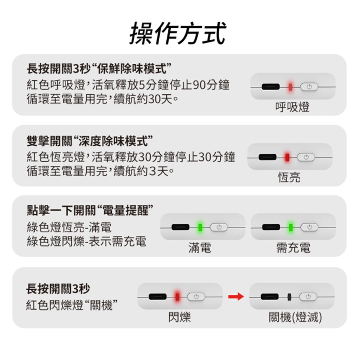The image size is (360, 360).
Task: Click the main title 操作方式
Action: (x=178, y=33)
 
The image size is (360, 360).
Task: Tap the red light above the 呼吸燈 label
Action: (x=290, y=87)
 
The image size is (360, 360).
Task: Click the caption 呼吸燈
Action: (x=292, y=107)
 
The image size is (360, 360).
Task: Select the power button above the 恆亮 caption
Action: (x=306, y=157)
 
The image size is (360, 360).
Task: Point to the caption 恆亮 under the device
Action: (x=289, y=177)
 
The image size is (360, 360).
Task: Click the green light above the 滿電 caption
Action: (x=200, y=227)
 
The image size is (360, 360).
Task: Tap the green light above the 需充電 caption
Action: (x=291, y=227)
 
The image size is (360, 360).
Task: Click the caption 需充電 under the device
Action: (x=293, y=248)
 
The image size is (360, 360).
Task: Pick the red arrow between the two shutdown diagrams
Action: (x=236, y=296)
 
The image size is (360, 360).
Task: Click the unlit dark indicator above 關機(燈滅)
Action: (x=289, y=297)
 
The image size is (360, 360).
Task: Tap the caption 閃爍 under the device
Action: (x=179, y=317)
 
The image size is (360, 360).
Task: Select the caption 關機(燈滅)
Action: (x=295, y=317)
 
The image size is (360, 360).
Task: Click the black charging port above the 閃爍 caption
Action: (x=157, y=297)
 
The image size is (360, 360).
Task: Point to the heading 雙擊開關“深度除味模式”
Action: (x=90, y=141)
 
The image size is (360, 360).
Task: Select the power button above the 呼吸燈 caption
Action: (x=309, y=87)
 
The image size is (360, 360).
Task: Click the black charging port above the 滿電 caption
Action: (x=180, y=227)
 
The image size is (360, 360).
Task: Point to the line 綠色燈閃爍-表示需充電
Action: (x=86, y=241)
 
